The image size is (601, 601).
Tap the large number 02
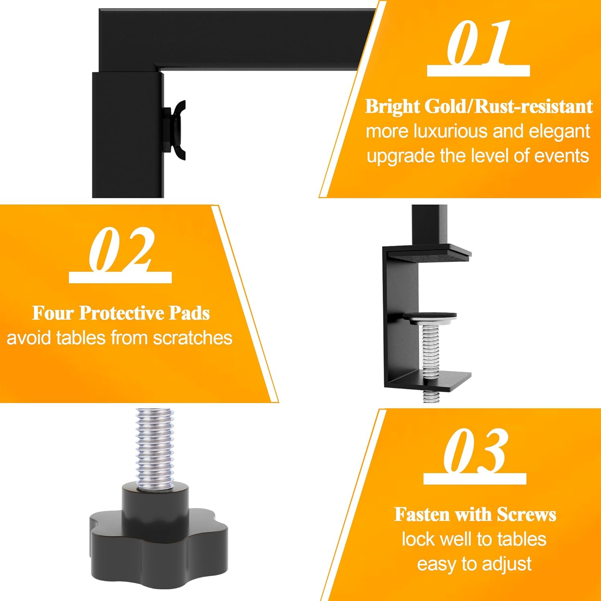pyautogui.click(x=121, y=249)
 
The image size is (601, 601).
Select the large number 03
pyautogui.click(x=476, y=450)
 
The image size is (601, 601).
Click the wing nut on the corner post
pyautogui.click(x=176, y=129)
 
